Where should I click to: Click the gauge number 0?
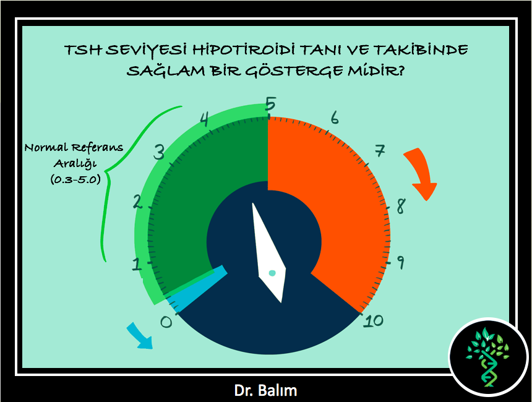coord(166,322)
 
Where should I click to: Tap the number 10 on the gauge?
coord(373,321)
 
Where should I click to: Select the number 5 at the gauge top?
coord(270,104)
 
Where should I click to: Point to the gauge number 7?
coord(380,151)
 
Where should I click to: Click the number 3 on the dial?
coord(159,152)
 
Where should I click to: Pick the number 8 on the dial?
coord(401,206)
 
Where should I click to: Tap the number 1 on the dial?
coord(137,263)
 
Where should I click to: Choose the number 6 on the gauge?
coord(335,118)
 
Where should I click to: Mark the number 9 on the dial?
coord(400,262)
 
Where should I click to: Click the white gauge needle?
coord(269,253)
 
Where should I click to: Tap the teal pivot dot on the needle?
coord(272,273)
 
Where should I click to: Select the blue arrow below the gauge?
coord(140,335)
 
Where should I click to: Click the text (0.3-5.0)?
coord(75,179)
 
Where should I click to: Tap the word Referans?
coord(97,148)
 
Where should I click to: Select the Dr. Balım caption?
coord(265,390)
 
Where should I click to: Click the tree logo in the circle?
coord(487,356)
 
